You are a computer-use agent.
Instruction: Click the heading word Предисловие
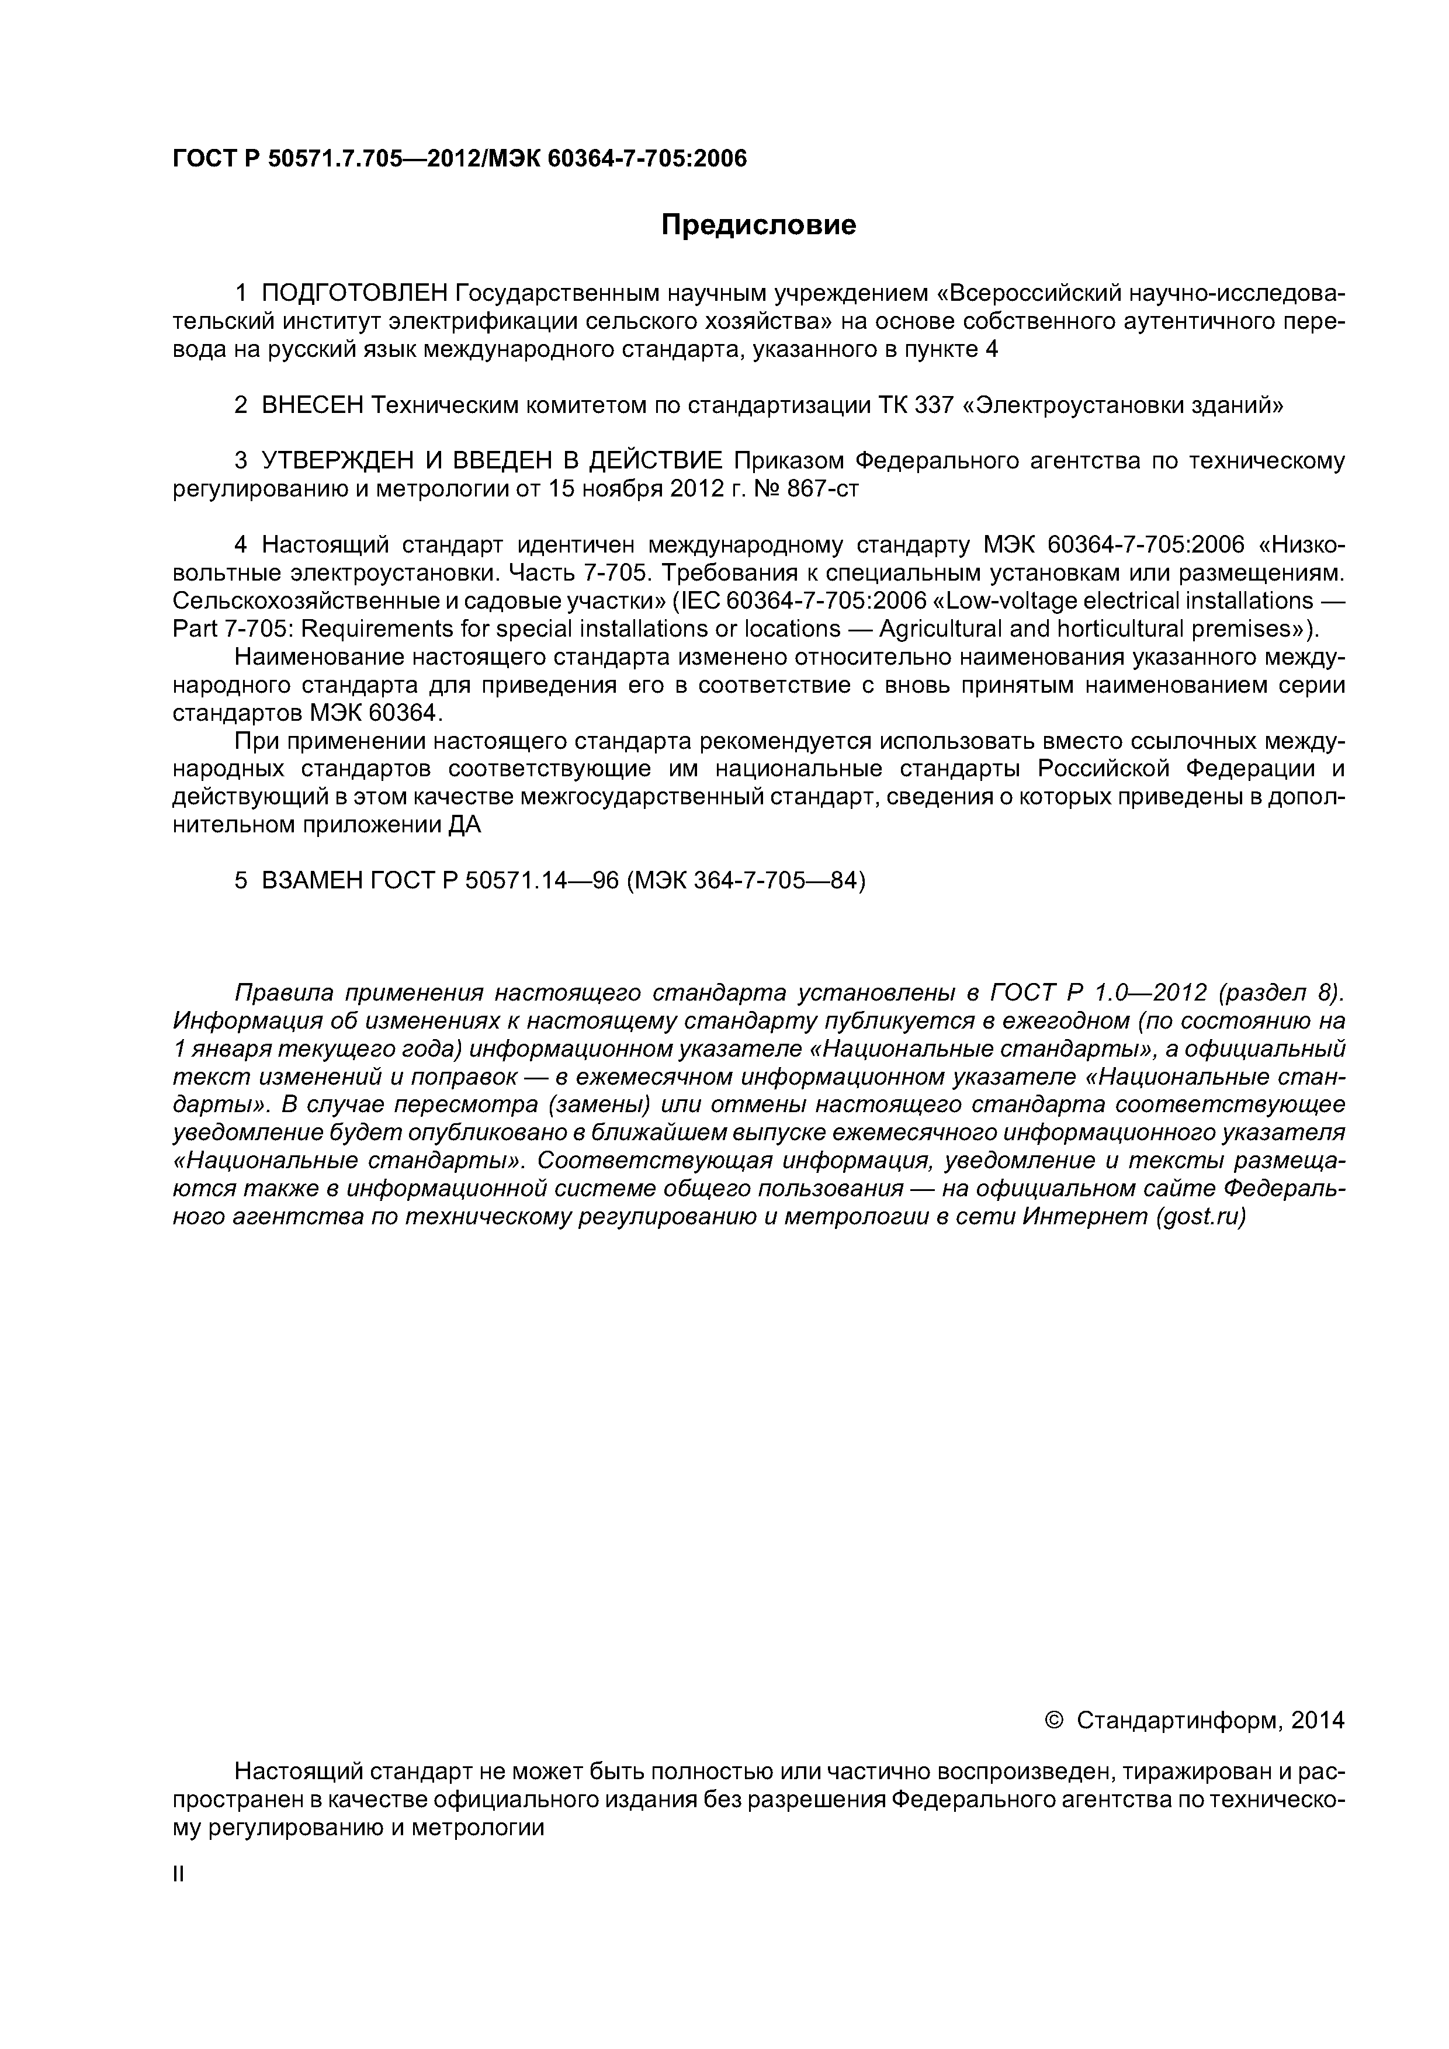coord(758,225)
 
